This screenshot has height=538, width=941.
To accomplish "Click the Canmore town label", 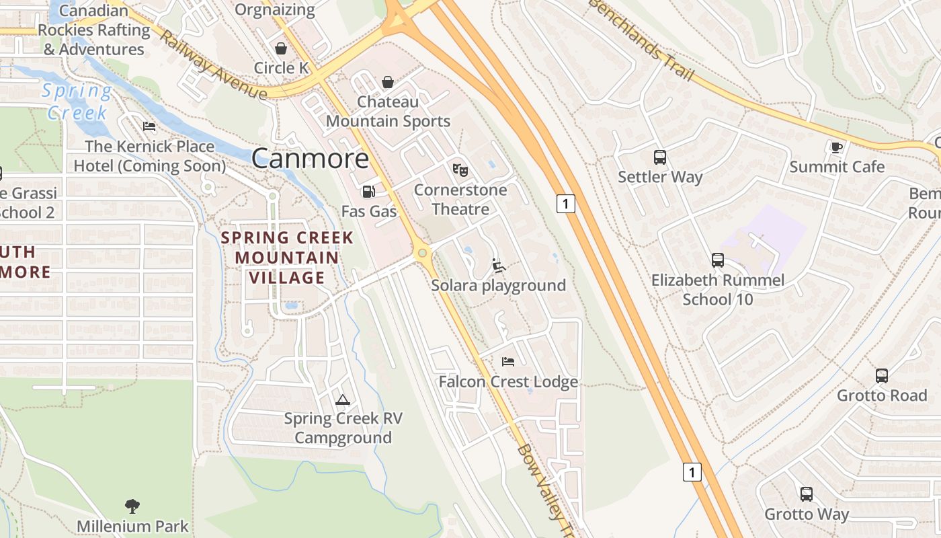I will point(310,159).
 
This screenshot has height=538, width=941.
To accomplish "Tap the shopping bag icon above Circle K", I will point(281,48).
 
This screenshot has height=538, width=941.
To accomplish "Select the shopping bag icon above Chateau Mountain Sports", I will point(388,83).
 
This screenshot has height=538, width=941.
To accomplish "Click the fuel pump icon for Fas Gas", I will point(368,192).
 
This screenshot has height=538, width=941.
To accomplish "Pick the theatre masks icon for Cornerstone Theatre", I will point(460,170).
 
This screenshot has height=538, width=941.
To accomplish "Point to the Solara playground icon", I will point(498,266).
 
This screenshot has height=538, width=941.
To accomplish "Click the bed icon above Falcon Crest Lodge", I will point(508,362).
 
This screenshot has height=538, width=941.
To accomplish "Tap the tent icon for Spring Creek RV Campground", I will point(343,399).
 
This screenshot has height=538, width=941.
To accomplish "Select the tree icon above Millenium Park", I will point(132,506).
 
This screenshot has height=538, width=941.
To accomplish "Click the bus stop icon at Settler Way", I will point(660,157).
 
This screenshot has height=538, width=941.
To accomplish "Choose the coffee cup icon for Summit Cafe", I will point(837,147).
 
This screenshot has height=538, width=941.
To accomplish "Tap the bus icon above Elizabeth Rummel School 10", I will point(718,260).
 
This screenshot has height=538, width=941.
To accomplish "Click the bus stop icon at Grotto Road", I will point(882,376).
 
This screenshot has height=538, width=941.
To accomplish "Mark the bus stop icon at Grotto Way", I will point(807,494).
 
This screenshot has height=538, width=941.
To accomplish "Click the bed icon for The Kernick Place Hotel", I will point(149,126).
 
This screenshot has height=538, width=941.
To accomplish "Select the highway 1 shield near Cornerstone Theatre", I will point(566,203).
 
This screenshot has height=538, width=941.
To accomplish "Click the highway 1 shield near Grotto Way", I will point(692,472).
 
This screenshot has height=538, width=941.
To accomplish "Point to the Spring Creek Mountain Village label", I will point(287,258).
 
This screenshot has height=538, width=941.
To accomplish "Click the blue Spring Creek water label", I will point(77,101).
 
